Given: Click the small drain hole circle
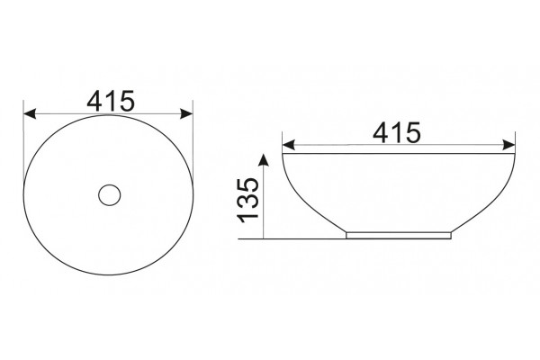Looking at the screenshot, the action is (110, 185).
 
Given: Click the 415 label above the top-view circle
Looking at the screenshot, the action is (110, 102).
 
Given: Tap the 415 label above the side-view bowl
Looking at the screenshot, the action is (397, 132).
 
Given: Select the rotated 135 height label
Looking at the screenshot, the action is (248, 200).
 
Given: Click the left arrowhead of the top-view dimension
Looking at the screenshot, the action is (30, 113).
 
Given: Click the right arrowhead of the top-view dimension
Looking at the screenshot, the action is (186, 113).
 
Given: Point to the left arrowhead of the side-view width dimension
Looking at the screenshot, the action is (289, 145).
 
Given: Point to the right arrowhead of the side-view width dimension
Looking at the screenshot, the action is (508, 145).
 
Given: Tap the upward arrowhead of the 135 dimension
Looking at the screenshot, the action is (264, 160).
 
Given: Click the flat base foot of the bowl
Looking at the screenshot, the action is (399, 235).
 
